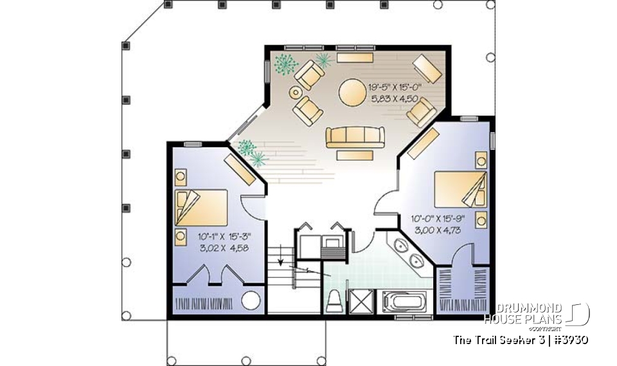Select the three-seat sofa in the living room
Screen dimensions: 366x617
[355, 137]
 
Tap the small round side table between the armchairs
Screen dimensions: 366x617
[296, 93]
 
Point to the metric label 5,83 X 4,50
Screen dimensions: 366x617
[395, 99]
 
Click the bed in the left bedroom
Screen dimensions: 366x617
[201, 207]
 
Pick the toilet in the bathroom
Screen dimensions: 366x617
[334, 301]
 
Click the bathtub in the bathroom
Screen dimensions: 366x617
[404, 300]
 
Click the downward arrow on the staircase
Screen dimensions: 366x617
[281, 260]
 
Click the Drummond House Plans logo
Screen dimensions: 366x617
[536, 314]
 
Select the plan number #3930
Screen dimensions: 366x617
[569, 340]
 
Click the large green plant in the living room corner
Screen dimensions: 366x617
[285, 64]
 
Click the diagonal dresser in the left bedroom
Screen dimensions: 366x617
[238, 169]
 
